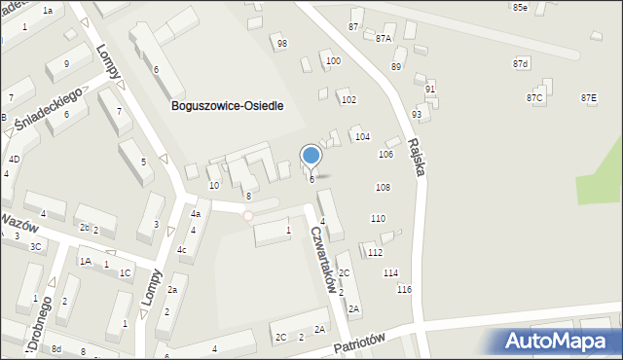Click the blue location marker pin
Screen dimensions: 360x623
click(x=311, y=155)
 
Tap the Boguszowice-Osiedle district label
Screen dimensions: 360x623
click(x=226, y=106)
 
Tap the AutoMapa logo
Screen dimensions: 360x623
click(x=561, y=341)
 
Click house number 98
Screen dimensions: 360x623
click(x=282, y=44)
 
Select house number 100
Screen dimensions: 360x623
click(x=333, y=61)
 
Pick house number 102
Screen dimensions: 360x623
click(x=348, y=100)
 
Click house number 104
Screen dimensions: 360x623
click(x=362, y=136)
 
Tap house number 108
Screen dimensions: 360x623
click(x=383, y=187)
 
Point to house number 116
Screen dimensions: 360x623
click(x=404, y=290)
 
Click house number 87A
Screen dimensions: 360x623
click(x=384, y=39)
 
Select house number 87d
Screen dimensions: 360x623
click(x=521, y=63)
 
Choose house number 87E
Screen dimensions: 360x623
click(x=588, y=98)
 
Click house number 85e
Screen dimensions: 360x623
click(x=520, y=8)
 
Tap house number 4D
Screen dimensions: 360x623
click(x=14, y=159)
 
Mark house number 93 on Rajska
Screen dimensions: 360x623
click(x=417, y=114)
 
